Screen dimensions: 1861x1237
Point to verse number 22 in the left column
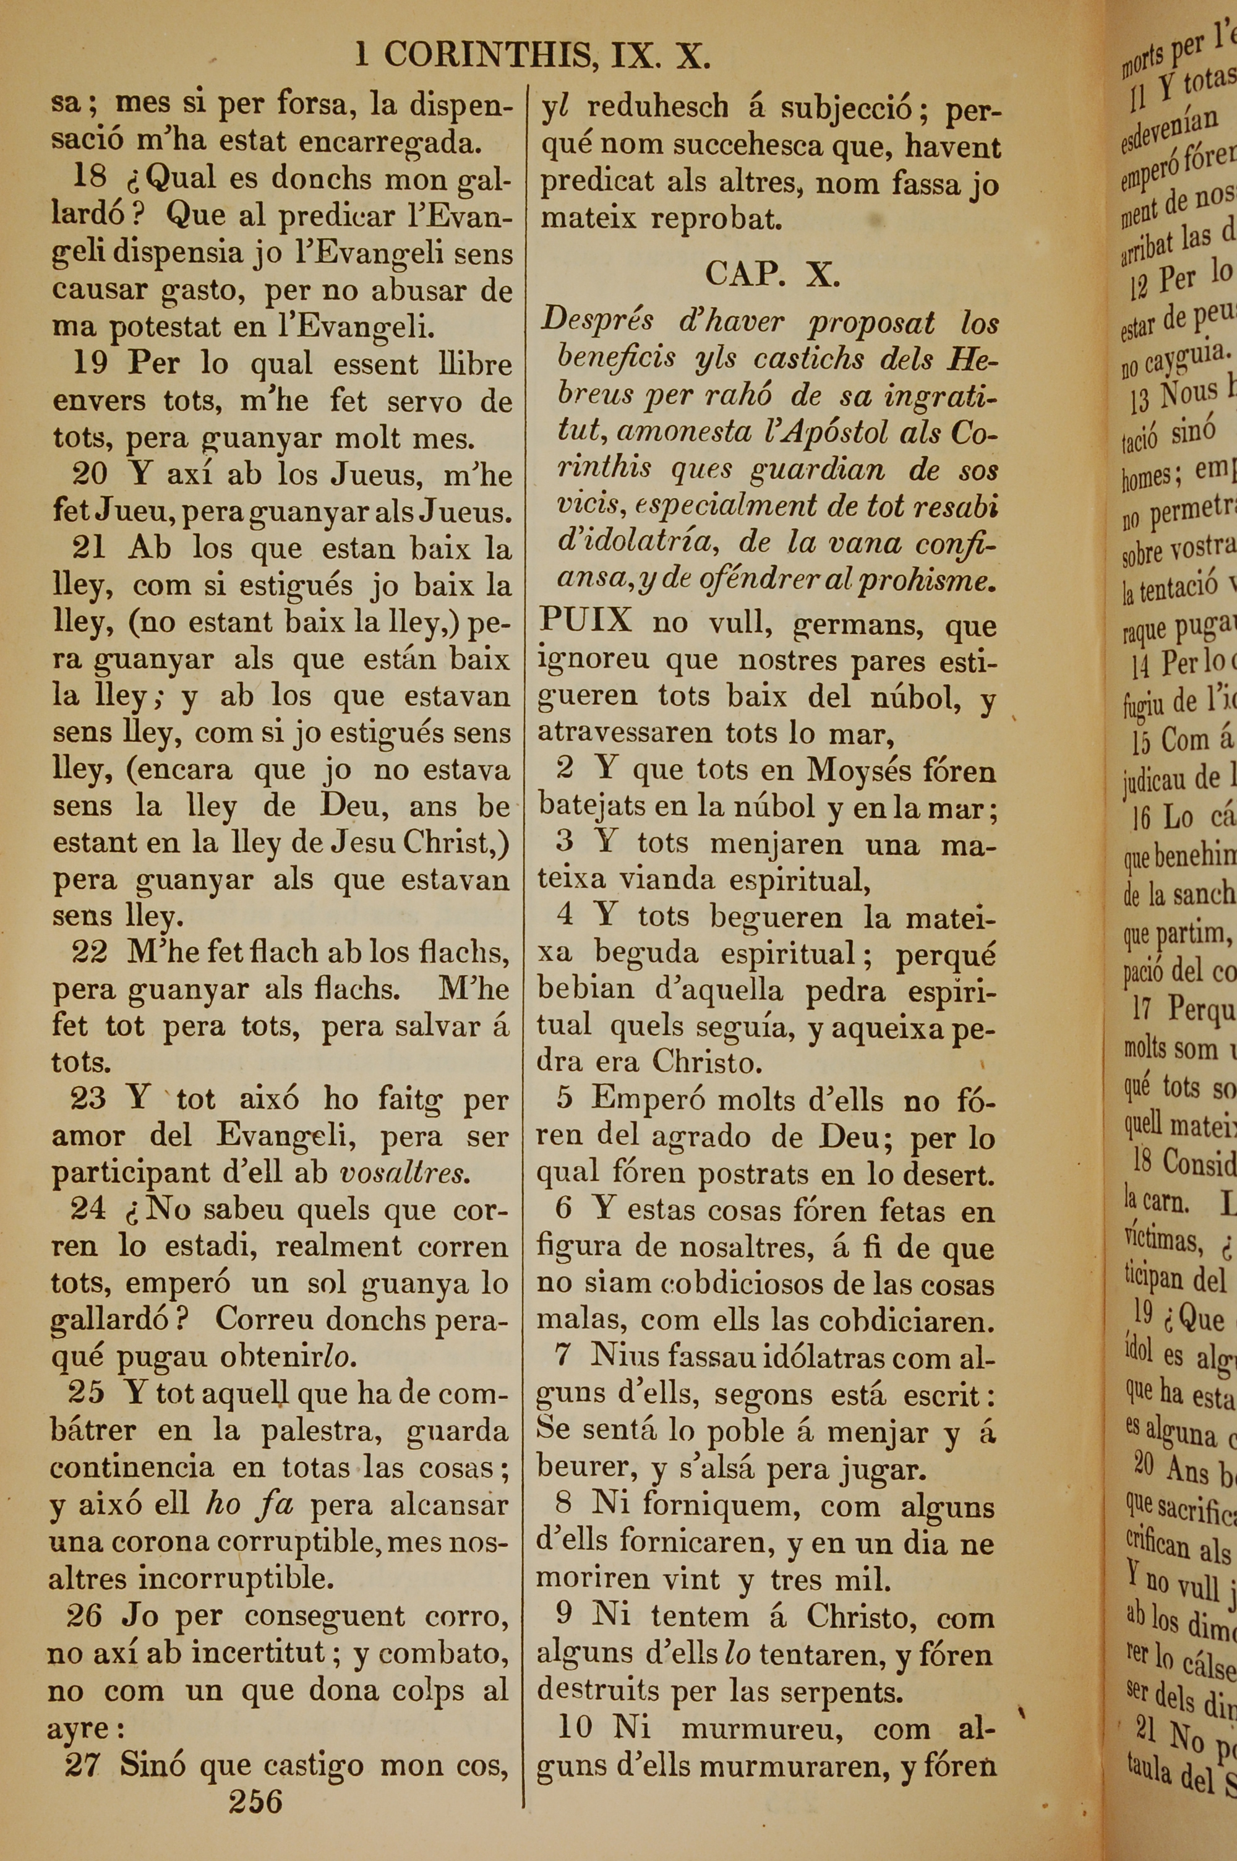(89, 952)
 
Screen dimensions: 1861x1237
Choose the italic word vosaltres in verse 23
(404, 1173)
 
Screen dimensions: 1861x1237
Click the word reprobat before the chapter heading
(716, 219)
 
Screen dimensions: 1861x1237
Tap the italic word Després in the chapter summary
(597, 321)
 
